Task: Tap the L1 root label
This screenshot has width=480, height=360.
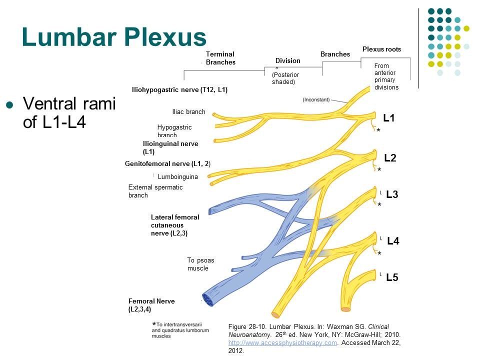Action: click(x=389, y=118)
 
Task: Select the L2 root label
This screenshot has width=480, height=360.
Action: click(x=390, y=158)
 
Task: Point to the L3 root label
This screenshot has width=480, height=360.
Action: click(x=392, y=194)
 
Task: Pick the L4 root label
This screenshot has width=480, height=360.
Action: click(x=393, y=241)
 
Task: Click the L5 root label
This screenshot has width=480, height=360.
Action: click(x=392, y=277)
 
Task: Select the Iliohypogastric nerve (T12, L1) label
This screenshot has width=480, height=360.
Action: click(x=179, y=90)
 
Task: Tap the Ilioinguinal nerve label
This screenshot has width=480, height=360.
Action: click(x=170, y=147)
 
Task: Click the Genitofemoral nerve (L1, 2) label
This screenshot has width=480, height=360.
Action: click(x=167, y=163)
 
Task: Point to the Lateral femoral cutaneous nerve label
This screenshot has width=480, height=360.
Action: click(x=175, y=225)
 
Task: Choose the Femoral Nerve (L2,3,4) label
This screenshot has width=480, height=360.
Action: click(x=151, y=305)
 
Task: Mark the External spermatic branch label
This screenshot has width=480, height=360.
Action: click(x=155, y=191)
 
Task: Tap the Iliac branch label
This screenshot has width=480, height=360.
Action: click(x=188, y=112)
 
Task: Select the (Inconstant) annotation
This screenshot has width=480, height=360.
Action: click(x=319, y=100)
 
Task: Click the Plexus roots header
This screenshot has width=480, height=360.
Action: click(x=381, y=49)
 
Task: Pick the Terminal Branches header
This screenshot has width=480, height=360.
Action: click(x=220, y=58)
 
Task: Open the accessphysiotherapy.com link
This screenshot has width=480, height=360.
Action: click(x=282, y=342)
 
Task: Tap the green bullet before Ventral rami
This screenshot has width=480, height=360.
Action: click(x=8, y=104)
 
